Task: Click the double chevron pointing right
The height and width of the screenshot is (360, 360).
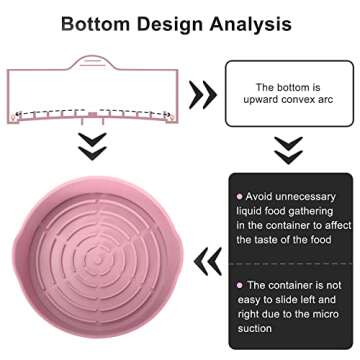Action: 204,95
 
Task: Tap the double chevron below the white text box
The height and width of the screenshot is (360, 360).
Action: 288,150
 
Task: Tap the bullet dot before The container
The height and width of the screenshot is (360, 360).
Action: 238,285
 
